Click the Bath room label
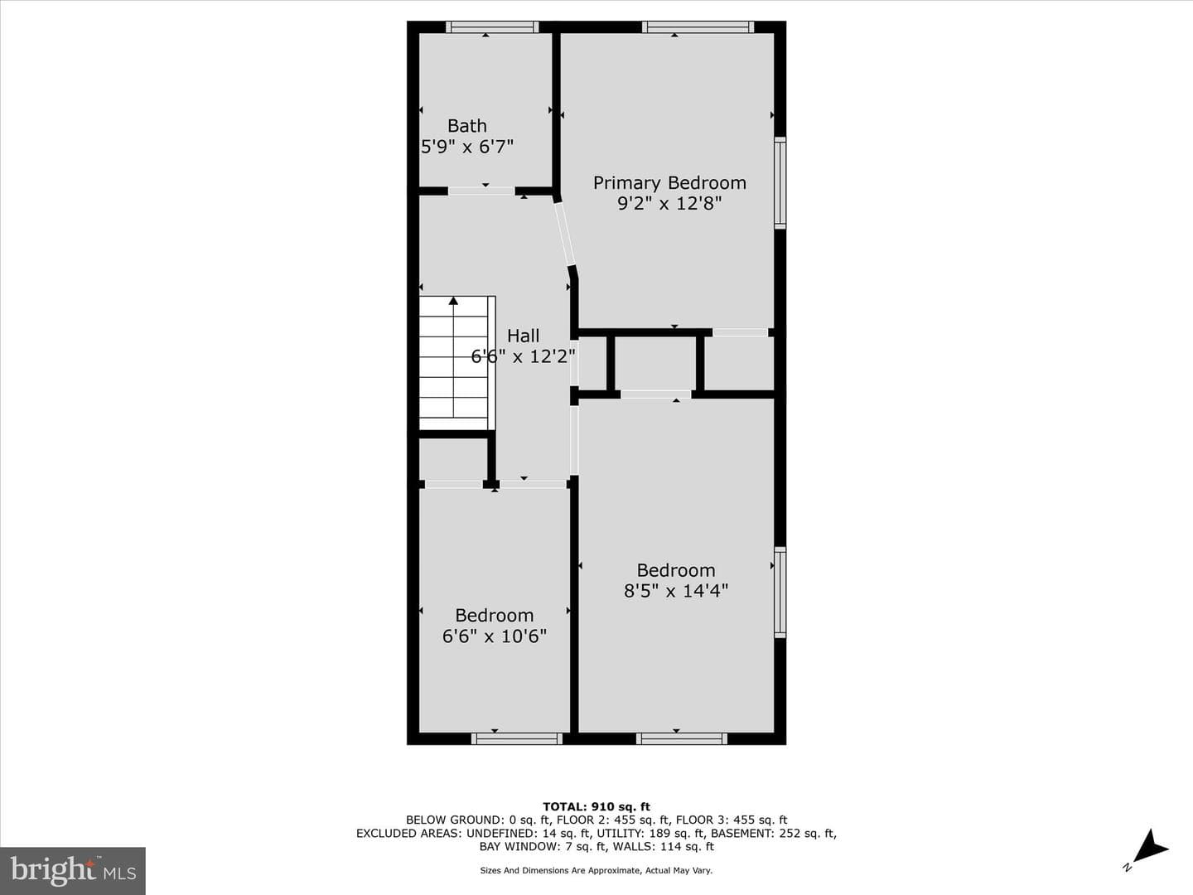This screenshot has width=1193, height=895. [x=467, y=125]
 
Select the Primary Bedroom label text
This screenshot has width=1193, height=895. [x=669, y=183]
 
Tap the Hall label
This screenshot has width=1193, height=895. [x=524, y=336]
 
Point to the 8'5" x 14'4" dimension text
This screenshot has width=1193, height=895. [x=675, y=591]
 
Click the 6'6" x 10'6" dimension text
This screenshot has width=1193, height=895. [x=494, y=636]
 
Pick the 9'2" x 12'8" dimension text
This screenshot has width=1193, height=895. [x=669, y=204]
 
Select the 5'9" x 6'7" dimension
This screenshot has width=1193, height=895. [x=467, y=147]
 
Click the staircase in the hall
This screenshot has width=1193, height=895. [x=457, y=363]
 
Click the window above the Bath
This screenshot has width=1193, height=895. [x=492, y=27]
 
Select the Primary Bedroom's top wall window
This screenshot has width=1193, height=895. [x=698, y=27]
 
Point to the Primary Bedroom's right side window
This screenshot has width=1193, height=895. [x=780, y=183]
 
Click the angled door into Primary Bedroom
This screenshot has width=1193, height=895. [x=565, y=235]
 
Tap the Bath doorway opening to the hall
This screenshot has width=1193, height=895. [x=481, y=191]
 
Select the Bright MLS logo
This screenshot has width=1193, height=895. [x=73, y=870]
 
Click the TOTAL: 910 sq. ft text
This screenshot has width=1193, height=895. [x=596, y=807]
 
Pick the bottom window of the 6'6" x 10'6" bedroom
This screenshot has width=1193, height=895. [x=517, y=738]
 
